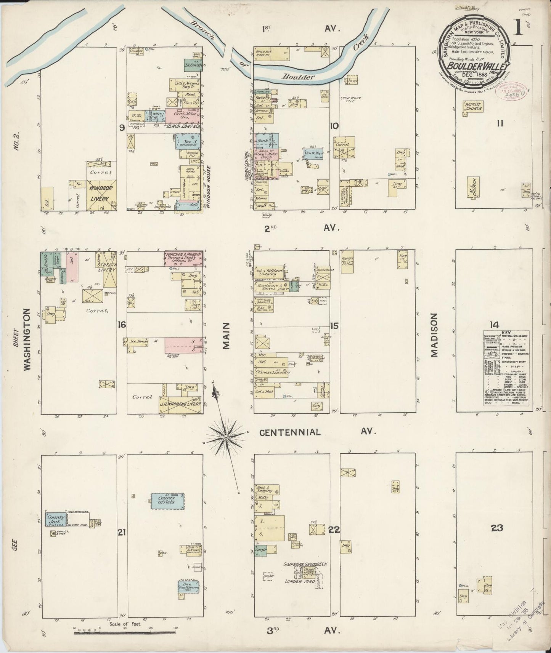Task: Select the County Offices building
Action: tap(167, 500)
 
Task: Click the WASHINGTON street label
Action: tap(27, 339)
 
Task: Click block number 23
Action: tap(497, 528)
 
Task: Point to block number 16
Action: tap(122, 325)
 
